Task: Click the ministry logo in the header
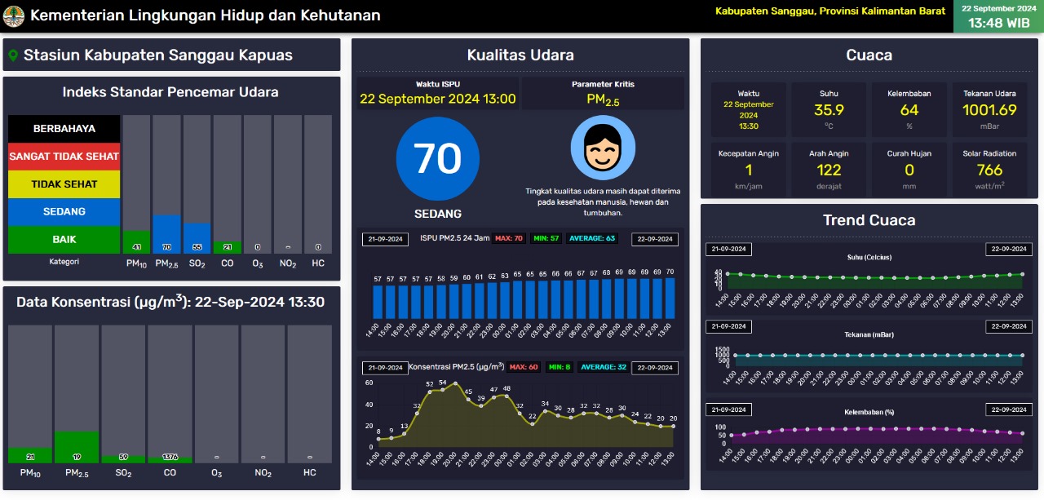coord(14,15)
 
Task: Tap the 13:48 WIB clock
coord(998,23)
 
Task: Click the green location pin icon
coord(12,55)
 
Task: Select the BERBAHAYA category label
coord(64,129)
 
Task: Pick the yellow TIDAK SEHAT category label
coord(64,184)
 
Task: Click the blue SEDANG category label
coord(64,212)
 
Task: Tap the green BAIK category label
coord(64,240)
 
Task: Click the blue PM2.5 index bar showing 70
coord(166,234)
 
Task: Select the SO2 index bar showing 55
coord(197,238)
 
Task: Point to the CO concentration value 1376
coord(170,458)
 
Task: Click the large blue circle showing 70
coord(438,159)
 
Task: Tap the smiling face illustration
coord(603,148)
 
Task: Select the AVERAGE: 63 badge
coord(598,239)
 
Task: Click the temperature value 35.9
coord(829,110)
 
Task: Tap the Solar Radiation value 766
coord(989,170)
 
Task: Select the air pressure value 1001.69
coord(989,110)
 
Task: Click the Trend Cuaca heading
coord(869,220)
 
